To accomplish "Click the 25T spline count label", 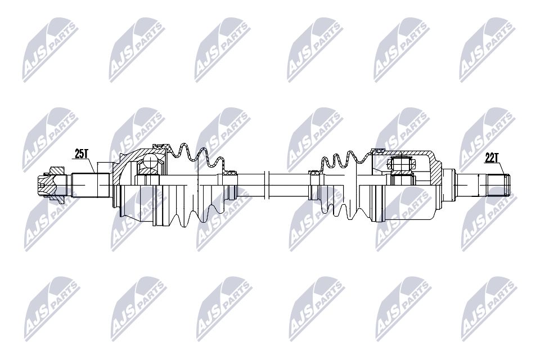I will pyautogui.click(x=83, y=153).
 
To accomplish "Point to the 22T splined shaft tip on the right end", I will pyautogui.click(x=500, y=184).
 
